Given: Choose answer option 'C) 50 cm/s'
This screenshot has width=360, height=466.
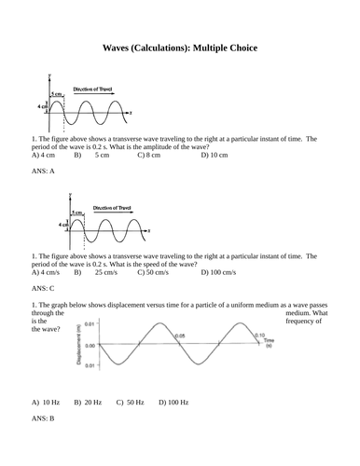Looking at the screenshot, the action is point(153,272).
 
